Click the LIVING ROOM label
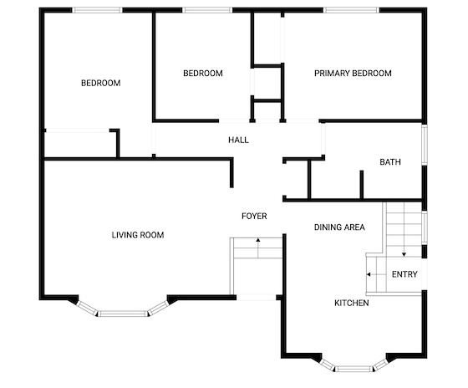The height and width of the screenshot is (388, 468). click(x=138, y=235)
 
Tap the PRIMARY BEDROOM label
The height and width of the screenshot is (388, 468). click(x=353, y=74)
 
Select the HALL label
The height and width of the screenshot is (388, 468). click(x=238, y=140)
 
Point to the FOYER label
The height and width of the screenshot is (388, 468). click(x=254, y=216)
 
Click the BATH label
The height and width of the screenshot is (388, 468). click(x=390, y=162)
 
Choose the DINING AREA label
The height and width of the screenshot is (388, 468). click(x=339, y=227)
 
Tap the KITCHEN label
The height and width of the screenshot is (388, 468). click(x=352, y=303)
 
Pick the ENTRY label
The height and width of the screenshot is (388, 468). click(x=404, y=274)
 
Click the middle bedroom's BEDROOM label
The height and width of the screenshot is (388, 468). click(x=203, y=74)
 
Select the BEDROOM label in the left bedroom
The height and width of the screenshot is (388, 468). click(x=101, y=83)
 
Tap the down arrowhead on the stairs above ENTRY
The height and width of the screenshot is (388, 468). click(x=404, y=255)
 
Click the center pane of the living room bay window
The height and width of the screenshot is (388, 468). click(x=122, y=314)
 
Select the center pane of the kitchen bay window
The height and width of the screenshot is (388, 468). click(x=354, y=369)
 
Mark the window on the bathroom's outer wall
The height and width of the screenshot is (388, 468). click(x=425, y=145)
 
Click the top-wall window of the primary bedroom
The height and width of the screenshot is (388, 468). click(x=351, y=10)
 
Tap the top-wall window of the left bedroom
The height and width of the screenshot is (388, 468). click(x=97, y=10)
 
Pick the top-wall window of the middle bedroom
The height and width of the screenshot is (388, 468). click(x=207, y=10)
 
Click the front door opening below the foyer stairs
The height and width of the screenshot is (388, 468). click(x=256, y=298)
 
